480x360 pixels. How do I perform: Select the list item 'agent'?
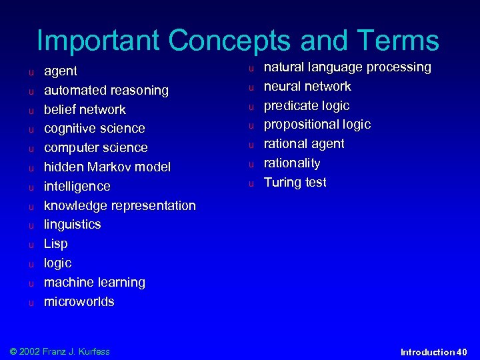coord(61,71)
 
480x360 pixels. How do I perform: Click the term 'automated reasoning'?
coord(106,90)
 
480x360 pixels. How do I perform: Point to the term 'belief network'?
coord(85,109)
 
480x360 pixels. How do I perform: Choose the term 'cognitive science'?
coord(94,128)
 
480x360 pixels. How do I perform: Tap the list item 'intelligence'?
coord(77,186)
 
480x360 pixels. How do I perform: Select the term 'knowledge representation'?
coord(120,205)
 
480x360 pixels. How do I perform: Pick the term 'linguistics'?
coord(73,224)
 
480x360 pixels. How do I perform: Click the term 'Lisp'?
coord(56,243)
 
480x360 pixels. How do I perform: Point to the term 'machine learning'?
coord(94,282)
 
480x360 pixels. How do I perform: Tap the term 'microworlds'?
coord(79,301)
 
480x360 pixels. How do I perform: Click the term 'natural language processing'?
coord(347,67)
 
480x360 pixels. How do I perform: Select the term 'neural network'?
coord(307,87)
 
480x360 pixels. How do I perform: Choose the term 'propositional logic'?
coord(317,125)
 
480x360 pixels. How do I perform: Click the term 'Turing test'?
coord(295,182)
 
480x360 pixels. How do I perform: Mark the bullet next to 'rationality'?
coord(253,164)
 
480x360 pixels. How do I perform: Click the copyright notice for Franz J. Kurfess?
coord(60,351)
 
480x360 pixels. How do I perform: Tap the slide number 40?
coord(463,352)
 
